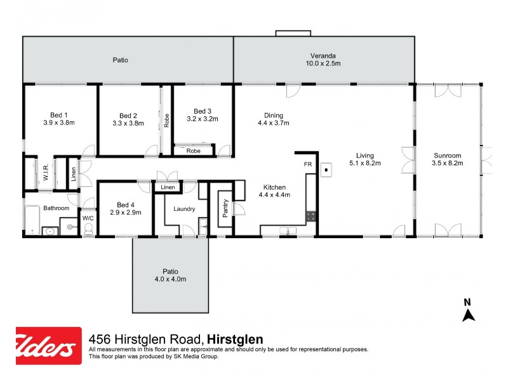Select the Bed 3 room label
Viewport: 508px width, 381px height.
[203, 110]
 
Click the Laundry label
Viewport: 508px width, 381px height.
[184, 209]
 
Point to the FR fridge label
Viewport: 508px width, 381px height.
[308, 164]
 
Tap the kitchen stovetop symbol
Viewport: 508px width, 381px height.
[311, 216]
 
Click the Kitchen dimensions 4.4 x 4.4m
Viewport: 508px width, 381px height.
[274, 196]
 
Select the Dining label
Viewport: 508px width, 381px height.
[274, 115]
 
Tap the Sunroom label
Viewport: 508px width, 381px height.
[447, 155]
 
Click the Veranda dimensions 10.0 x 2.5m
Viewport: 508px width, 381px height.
[323, 63]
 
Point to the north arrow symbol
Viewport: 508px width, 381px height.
[468, 313]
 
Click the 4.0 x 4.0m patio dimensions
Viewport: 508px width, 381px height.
[170, 279]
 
